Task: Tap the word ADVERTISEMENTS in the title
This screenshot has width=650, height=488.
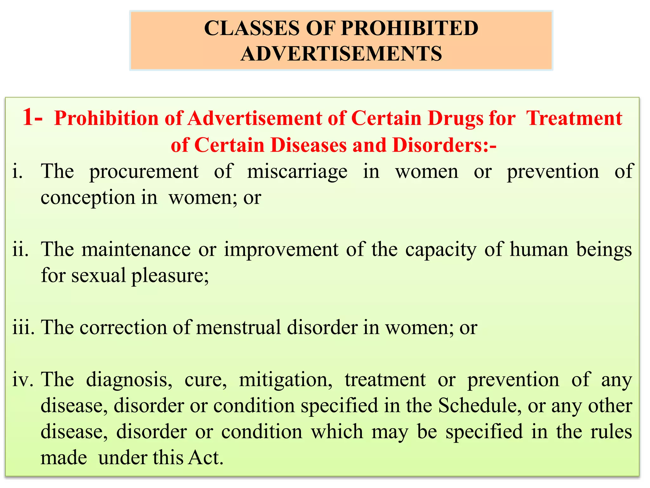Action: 341,53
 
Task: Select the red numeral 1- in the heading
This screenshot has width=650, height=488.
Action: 32,117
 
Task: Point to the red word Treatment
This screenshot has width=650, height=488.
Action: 574,118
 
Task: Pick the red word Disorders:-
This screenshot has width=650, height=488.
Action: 444,145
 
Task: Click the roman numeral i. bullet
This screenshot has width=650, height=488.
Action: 17,172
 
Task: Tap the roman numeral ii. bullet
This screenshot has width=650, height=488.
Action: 20,249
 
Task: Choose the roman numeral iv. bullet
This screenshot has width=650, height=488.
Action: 23,380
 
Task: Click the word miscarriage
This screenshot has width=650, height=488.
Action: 297,172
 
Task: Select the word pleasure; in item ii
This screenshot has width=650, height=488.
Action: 170,275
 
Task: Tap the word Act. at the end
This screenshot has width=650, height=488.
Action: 206,458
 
